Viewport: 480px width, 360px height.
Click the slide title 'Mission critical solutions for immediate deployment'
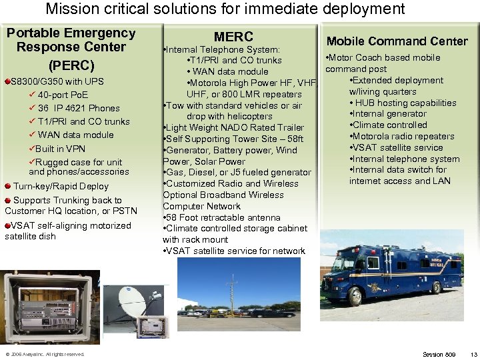pyautogui.click(x=225, y=9)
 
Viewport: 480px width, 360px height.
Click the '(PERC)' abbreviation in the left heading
pyautogui.click(x=71, y=66)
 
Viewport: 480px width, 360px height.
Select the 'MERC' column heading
pyautogui.click(x=233, y=37)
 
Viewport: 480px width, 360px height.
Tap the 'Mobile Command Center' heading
pyautogui.click(x=397, y=41)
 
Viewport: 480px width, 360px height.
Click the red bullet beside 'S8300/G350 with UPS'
pyautogui.click(x=6, y=81)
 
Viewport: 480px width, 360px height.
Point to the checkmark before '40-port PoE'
pyautogui.click(x=31, y=95)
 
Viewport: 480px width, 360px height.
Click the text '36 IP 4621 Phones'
pyautogui.click(x=79, y=108)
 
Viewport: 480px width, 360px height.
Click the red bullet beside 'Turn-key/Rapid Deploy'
pyautogui.click(x=7, y=187)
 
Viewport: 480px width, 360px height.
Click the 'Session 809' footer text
pyautogui.click(x=439, y=354)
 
